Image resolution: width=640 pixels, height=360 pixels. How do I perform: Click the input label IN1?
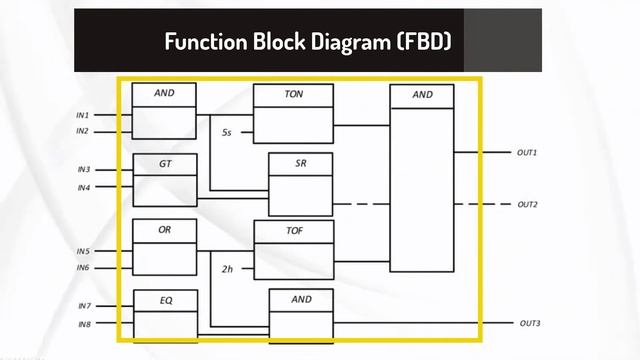[83, 115]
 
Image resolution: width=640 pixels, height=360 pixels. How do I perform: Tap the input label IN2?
[83, 131]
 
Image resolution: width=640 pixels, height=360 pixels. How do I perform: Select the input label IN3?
[83, 170]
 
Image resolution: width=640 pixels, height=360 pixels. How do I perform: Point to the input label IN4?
[83, 187]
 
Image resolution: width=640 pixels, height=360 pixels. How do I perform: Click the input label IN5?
[83, 251]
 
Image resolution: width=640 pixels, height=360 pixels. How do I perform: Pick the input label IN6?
[83, 268]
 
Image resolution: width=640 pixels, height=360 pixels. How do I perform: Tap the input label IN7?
[83, 306]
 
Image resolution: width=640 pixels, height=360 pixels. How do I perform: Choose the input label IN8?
[83, 324]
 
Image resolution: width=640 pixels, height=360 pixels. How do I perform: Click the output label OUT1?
[527, 153]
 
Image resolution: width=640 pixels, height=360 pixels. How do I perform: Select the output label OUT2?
[527, 204]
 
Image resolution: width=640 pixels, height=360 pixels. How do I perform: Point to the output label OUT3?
[529, 324]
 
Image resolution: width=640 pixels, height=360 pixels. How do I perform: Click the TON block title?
[294, 94]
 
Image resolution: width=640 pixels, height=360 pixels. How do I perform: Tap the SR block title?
[300, 162]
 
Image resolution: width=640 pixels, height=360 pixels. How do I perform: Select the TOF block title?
[294, 230]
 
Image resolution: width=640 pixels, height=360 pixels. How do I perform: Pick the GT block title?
[165, 162]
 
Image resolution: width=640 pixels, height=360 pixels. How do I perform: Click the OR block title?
[165, 230]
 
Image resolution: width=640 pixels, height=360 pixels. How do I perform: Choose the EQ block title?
[165, 298]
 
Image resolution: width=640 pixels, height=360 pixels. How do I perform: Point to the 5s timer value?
[227, 132]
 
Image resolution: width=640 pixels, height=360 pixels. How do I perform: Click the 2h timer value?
[227, 268]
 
